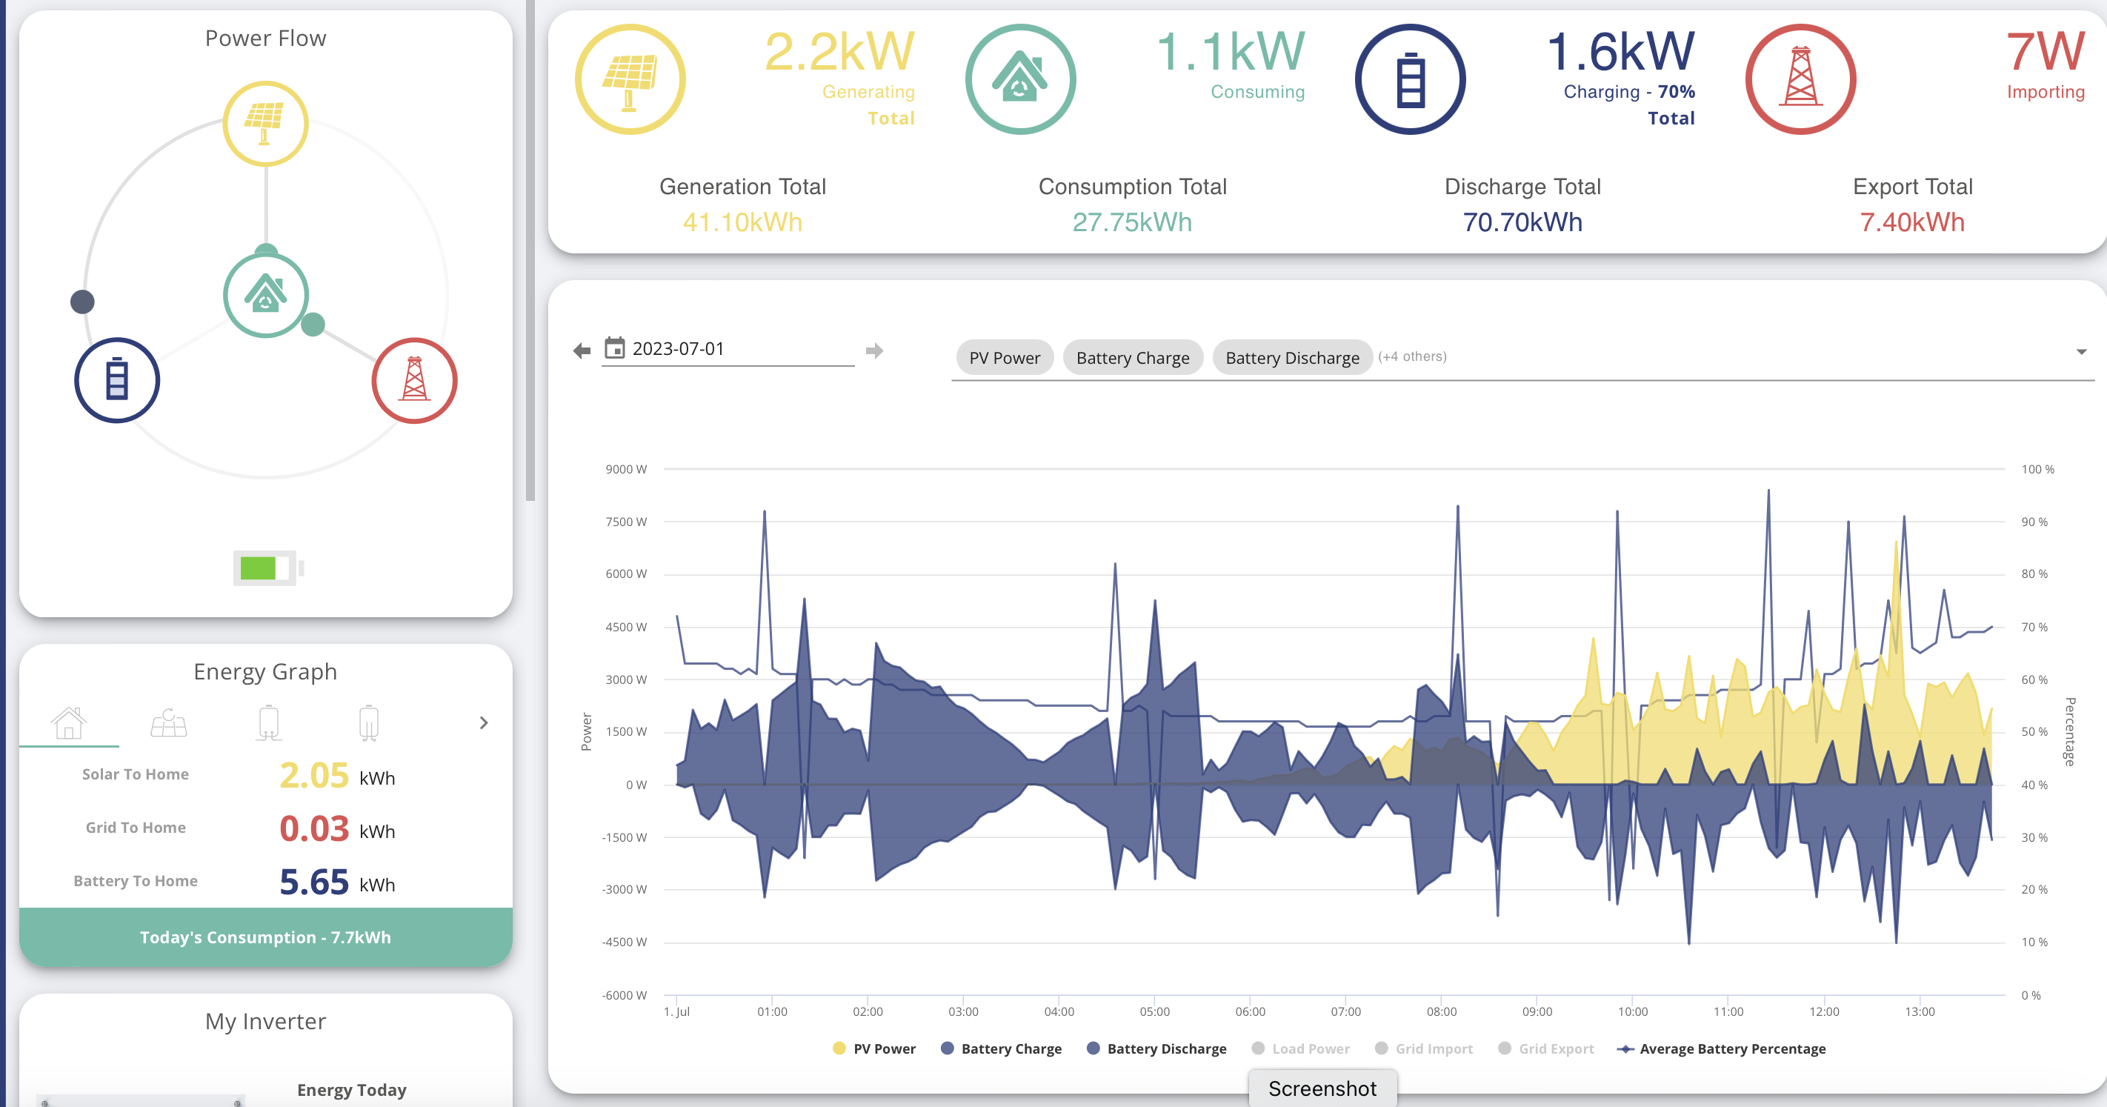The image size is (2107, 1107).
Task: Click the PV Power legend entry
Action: tap(873, 1049)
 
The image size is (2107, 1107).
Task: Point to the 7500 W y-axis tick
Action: tap(626, 522)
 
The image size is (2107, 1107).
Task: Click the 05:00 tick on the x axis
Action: tap(1154, 1012)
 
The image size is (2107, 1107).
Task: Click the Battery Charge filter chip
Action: tap(1133, 358)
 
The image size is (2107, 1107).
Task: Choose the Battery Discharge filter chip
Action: tap(1292, 358)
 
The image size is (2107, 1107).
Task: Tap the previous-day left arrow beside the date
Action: tap(582, 351)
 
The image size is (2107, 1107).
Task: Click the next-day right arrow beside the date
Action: tap(874, 351)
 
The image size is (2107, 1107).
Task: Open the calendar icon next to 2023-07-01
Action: tap(614, 348)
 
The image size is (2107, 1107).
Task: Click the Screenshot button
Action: tap(1322, 1089)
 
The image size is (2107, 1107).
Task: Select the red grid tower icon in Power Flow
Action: tap(415, 380)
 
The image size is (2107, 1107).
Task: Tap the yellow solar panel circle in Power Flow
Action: tap(266, 124)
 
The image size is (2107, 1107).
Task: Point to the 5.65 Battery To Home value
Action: tap(314, 882)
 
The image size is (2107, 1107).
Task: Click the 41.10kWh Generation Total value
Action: tap(742, 222)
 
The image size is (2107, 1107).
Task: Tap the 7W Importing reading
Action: tap(2045, 52)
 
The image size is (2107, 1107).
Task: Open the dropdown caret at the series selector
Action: tap(2082, 352)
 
